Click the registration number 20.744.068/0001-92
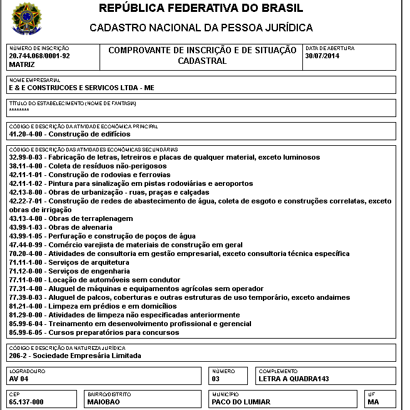coord(39,56)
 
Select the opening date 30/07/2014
coord(322,56)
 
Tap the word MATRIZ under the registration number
coord(22,64)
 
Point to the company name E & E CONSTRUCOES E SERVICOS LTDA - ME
coord(81,88)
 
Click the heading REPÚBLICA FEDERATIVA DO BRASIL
coord(201,9)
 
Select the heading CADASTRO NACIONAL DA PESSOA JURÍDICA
coord(201,28)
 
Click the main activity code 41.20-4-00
coord(28,134)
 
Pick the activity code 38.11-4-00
coord(28,166)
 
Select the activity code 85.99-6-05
coord(28,332)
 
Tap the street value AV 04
coord(19,379)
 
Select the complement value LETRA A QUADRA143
coord(294,379)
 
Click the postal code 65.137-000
coord(26,402)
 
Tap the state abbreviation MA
coord(374,402)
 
